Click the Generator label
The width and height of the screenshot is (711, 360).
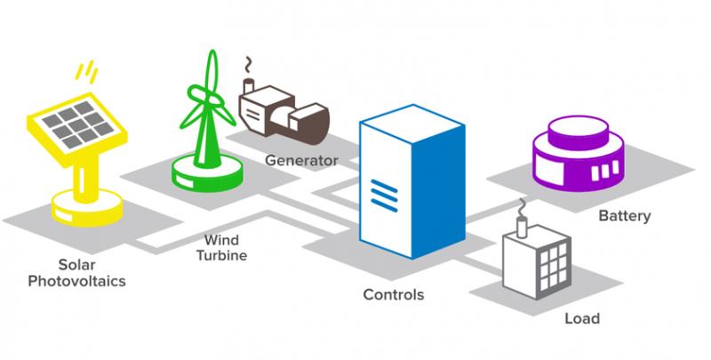point(301,161)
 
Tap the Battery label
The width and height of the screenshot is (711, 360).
point(625,216)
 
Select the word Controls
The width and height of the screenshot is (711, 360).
point(394,295)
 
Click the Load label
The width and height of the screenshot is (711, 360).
point(582,318)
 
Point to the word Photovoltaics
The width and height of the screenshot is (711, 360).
point(76,281)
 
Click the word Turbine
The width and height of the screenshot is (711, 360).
point(221,255)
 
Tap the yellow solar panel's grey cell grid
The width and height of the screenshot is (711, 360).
point(77,124)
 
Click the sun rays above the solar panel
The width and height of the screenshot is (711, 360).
point(86,72)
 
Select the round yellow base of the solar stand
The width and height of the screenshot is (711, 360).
point(86,208)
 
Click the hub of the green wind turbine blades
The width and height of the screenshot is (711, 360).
point(210,97)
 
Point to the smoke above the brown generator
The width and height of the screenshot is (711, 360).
point(247,65)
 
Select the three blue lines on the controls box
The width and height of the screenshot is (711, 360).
point(384,196)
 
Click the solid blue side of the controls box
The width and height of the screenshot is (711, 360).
point(438,190)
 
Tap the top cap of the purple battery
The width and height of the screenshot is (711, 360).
point(579,128)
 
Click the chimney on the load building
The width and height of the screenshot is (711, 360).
point(523,227)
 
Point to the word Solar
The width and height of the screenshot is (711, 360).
point(76,265)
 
